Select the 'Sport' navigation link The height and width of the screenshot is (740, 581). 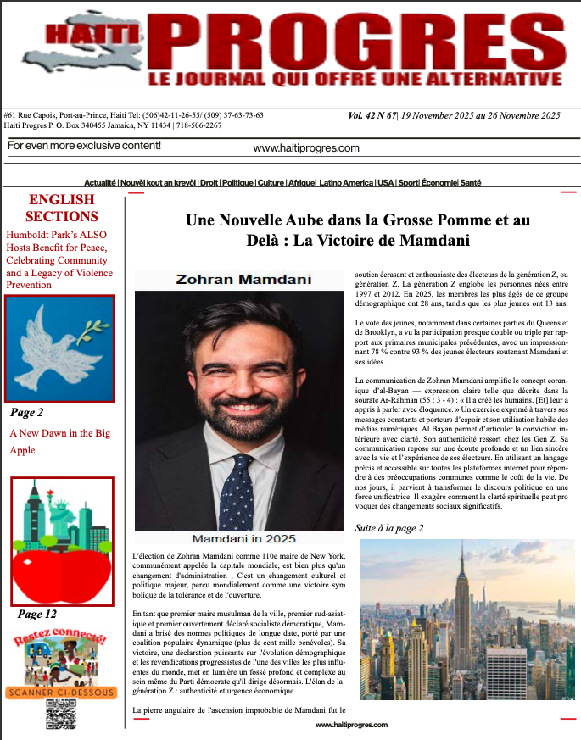(409, 183)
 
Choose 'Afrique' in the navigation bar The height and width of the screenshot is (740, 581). (299, 183)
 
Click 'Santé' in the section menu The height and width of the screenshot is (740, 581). (471, 183)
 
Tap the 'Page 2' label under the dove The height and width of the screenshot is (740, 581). (27, 413)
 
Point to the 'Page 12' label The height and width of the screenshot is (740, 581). (37, 614)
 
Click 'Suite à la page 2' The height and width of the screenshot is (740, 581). (389, 528)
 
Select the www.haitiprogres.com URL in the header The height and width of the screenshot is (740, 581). (306, 148)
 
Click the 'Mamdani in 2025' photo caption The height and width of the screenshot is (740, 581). (243, 539)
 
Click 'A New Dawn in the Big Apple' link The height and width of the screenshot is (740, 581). (59, 441)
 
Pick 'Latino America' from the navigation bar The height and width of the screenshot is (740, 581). (346, 183)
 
